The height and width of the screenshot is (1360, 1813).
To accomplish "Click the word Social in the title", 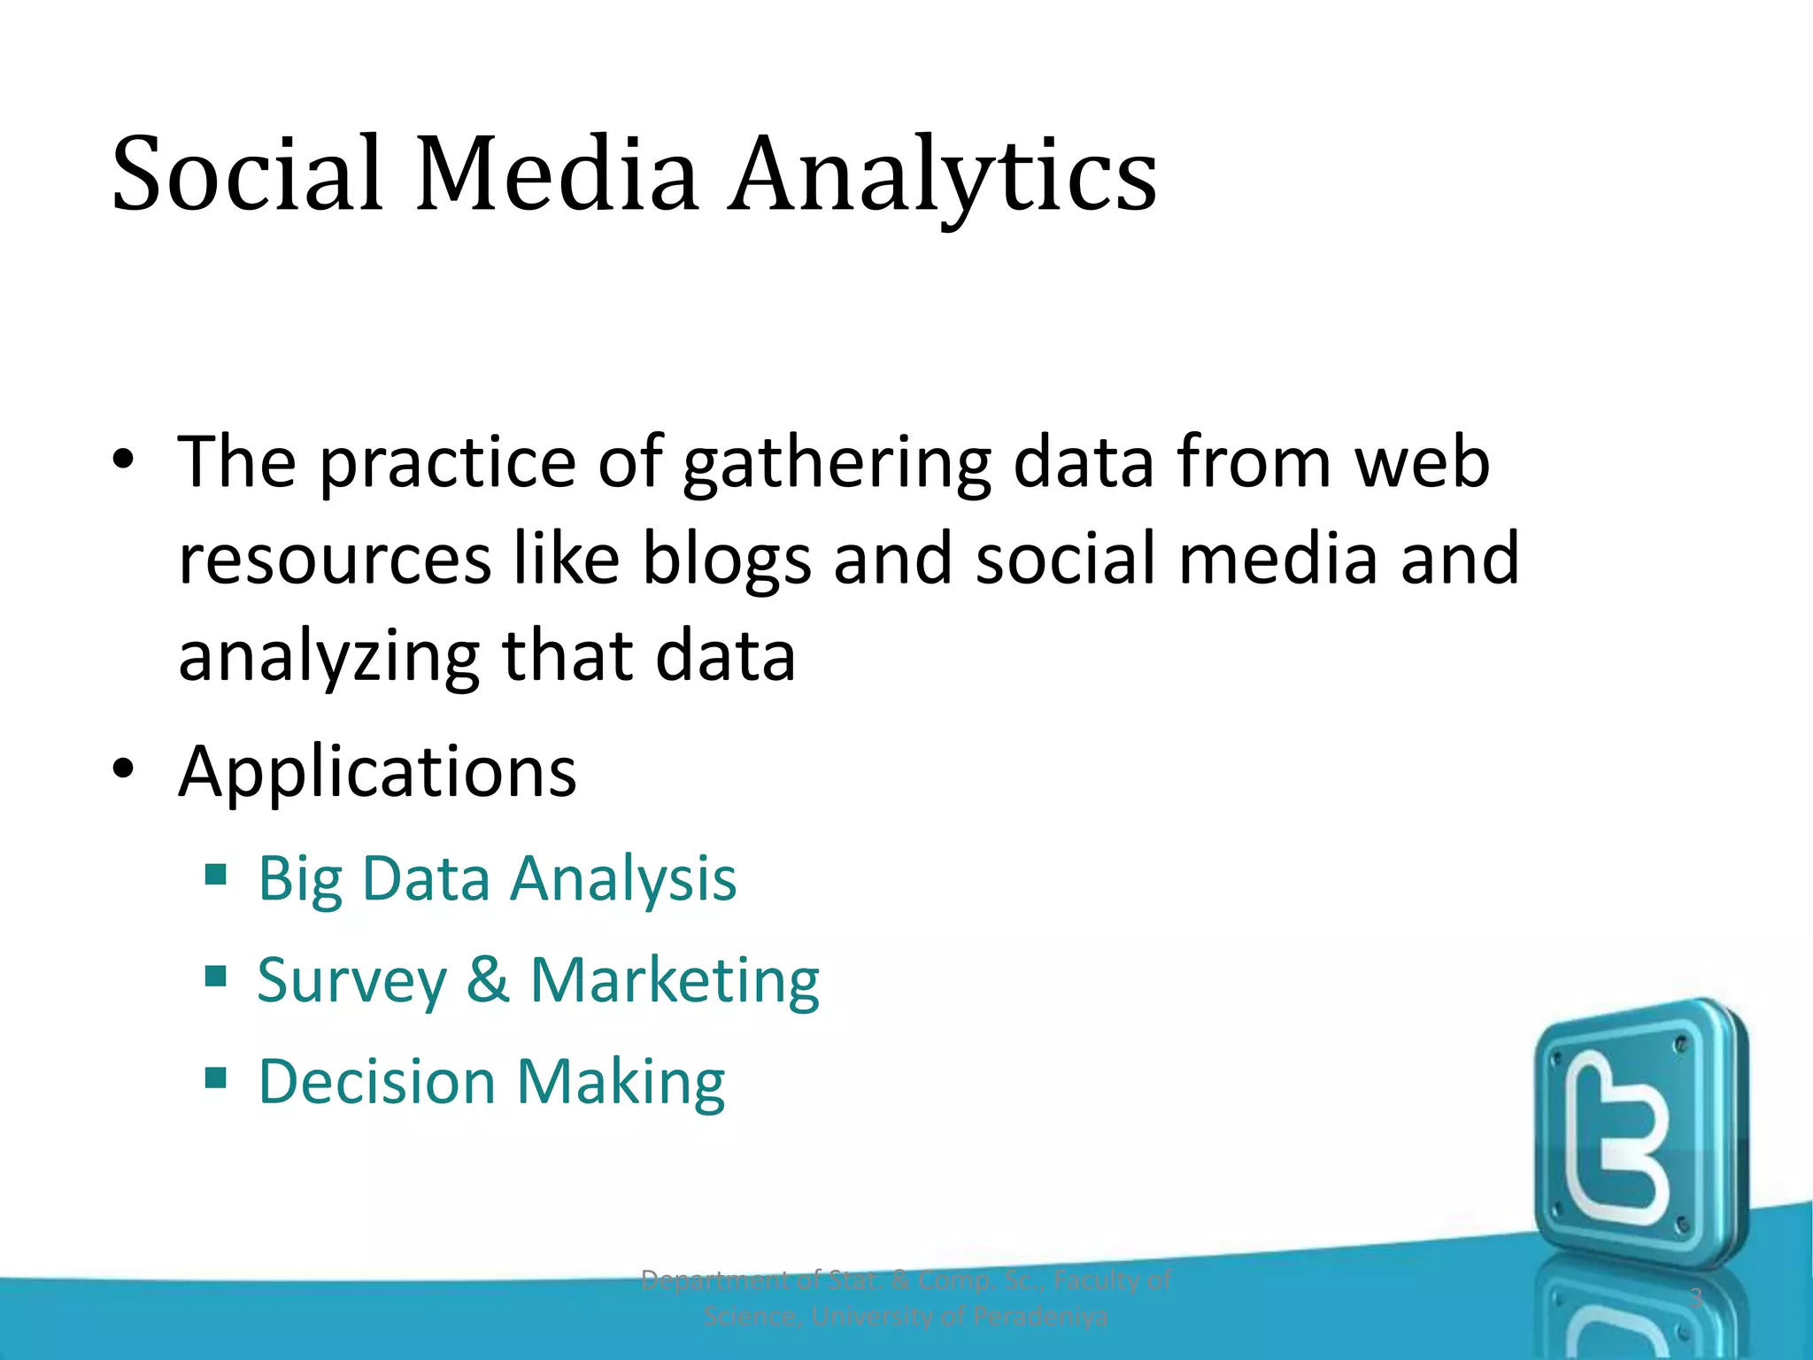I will click(x=247, y=174).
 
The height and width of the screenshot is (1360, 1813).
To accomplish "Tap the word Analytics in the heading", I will click(x=942, y=175).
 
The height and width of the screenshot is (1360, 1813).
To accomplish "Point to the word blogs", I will click(x=726, y=560).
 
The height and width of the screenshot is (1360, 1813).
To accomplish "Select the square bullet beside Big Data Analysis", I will click(x=215, y=875).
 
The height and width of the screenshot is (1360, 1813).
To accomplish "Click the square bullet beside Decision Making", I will click(x=215, y=1078).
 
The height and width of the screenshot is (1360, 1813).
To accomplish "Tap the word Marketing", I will click(x=675, y=982).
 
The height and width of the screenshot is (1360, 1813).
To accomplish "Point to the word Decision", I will click(x=376, y=1082).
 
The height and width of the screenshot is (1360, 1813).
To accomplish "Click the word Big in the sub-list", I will click(x=299, y=880).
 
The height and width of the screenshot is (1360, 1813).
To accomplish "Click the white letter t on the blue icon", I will click(x=1616, y=1142).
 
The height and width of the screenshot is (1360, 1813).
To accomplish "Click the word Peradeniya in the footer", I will click(x=1040, y=1317).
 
